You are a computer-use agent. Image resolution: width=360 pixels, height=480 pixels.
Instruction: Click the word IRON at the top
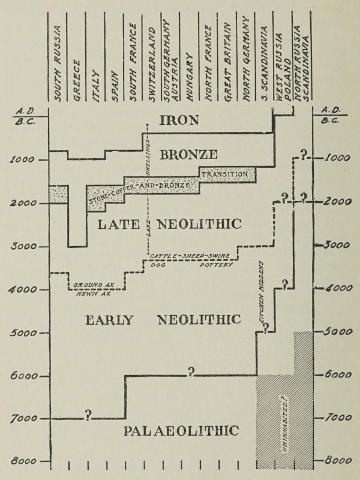click(179, 119)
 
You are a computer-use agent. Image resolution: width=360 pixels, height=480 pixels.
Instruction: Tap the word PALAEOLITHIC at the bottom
click(181, 430)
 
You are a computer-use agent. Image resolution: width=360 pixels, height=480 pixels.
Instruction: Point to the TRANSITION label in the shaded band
click(224, 175)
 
